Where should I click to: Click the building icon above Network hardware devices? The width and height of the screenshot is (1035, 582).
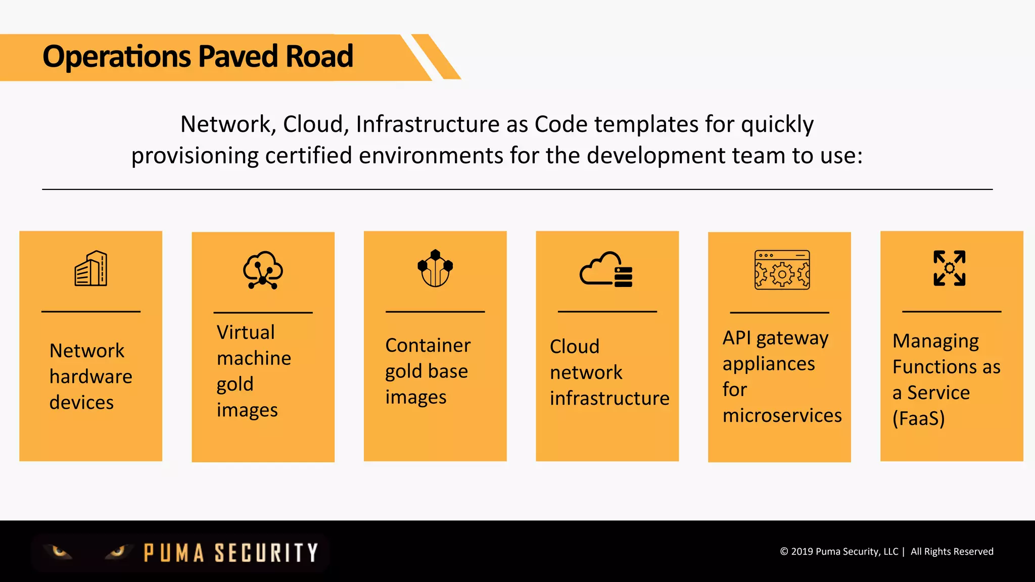[x=91, y=268]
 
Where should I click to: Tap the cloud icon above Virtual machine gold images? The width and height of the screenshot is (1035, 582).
[x=263, y=270]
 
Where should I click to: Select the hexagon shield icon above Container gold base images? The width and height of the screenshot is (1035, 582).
[x=435, y=268]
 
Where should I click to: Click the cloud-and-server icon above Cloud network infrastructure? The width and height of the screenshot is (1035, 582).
[x=606, y=269]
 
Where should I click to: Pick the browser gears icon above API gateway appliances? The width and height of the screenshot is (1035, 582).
[x=782, y=270]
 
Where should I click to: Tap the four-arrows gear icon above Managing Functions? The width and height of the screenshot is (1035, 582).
[x=949, y=268]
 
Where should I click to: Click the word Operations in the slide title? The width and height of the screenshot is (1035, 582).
[x=116, y=56]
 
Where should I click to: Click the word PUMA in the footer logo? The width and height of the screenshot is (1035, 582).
[x=174, y=553]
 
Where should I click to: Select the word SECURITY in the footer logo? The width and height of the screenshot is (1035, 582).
[x=266, y=553]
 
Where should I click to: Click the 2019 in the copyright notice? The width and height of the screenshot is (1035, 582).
[x=802, y=552]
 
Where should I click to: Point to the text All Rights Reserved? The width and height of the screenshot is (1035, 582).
[x=952, y=552]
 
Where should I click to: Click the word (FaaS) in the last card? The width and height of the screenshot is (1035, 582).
[x=918, y=418]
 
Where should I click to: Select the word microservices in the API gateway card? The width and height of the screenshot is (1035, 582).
[x=782, y=415]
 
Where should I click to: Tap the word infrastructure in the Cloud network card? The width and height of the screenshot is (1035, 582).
[x=609, y=398]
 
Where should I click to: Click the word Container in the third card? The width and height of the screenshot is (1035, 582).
[x=428, y=346]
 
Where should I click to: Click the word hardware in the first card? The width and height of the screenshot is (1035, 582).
[x=91, y=376]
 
